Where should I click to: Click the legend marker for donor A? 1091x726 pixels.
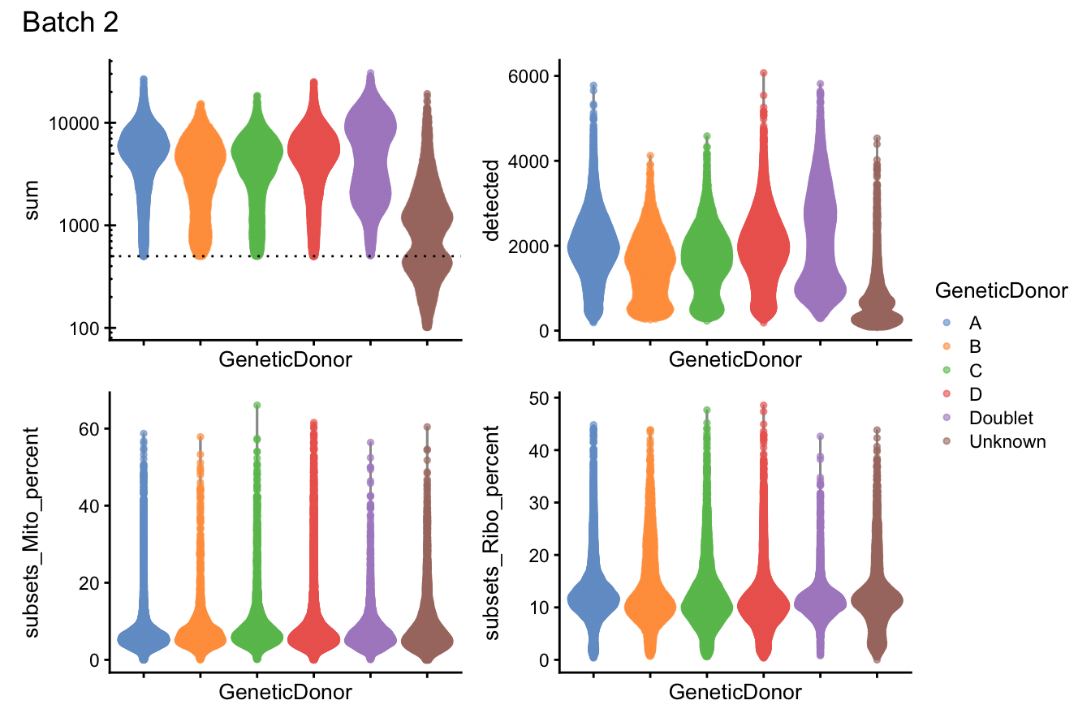coord(946,323)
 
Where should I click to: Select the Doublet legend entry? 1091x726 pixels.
coord(1000,418)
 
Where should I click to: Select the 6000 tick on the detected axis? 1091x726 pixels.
coord(525,76)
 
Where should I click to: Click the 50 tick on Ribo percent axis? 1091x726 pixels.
coord(540,397)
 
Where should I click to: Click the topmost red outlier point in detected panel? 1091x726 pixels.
coord(763,73)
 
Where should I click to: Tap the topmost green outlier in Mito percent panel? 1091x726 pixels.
coord(257,406)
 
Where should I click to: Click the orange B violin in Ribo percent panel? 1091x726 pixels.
coord(649,604)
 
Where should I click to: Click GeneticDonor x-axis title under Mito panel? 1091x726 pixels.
coord(286,692)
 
